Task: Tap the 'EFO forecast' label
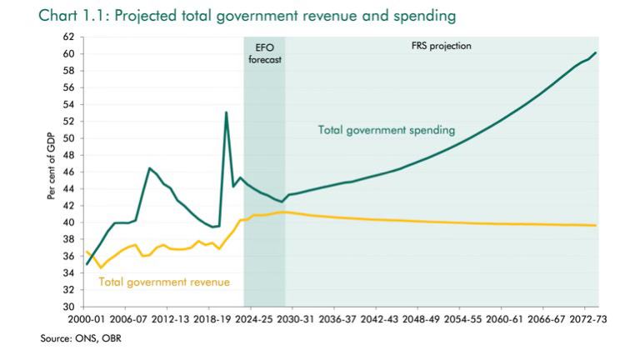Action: (x=264, y=53)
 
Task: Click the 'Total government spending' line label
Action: (x=386, y=130)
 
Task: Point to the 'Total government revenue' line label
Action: (x=164, y=282)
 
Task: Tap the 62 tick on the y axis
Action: (x=70, y=37)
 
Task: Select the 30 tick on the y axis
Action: (x=70, y=307)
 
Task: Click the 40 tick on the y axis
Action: (x=70, y=222)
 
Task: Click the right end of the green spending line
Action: (x=595, y=53)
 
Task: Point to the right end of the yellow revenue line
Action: (x=595, y=225)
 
